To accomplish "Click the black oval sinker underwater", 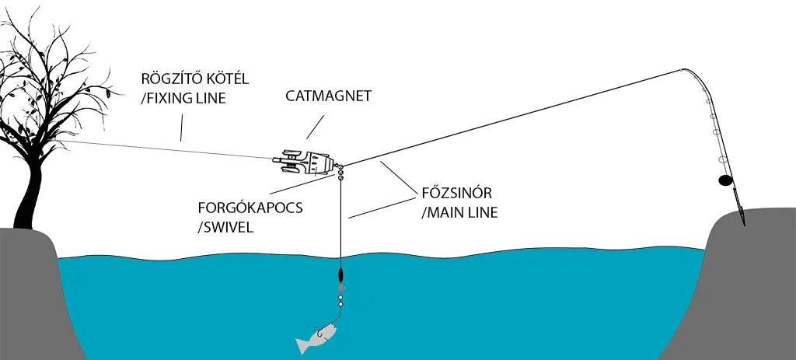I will pos(340,275).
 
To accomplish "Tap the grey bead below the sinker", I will pos(340,288).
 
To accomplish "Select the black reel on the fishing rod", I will pos(724,181).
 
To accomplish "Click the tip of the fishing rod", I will pos(681,69).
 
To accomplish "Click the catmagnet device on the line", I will pos(307,161).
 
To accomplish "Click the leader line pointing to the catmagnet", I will pos(316,128).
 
